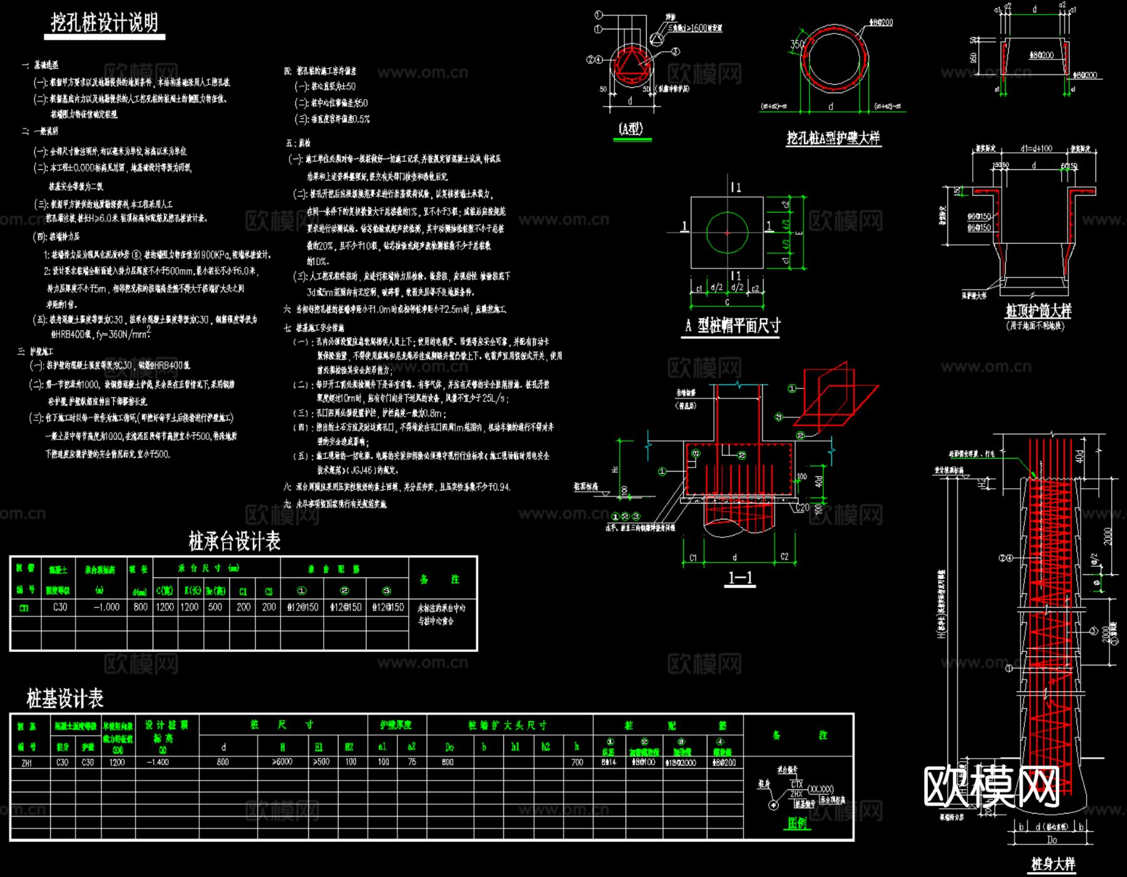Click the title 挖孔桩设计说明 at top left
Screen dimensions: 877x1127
point(105,23)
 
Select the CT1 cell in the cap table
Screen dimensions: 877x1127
point(24,608)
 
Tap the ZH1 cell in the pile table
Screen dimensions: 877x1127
point(27,763)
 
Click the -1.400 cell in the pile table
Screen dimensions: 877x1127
point(158,762)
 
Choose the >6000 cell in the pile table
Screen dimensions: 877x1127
point(282,762)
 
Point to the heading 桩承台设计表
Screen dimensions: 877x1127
point(234,541)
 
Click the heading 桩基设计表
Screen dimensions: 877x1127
point(65,698)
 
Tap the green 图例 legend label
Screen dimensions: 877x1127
point(797,823)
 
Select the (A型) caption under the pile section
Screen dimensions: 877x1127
point(631,128)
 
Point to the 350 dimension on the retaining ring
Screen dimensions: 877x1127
point(797,44)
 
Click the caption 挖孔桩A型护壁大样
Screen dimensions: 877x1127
point(833,138)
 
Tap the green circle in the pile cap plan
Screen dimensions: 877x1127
point(727,232)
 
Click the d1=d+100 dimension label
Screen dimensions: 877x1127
point(1036,149)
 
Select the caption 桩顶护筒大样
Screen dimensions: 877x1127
point(1038,311)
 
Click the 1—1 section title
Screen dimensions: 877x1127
point(740,578)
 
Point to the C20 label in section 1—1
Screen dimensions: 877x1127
point(802,507)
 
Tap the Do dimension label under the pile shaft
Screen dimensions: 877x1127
point(1052,840)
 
